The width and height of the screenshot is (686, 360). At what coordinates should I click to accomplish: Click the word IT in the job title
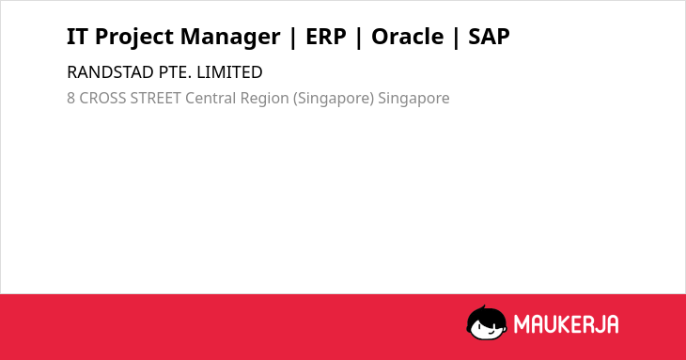[77, 37]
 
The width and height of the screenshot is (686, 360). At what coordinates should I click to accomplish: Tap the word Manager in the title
[230, 38]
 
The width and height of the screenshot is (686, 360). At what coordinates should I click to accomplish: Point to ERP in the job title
[326, 37]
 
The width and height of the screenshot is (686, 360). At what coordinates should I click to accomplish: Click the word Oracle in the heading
[407, 37]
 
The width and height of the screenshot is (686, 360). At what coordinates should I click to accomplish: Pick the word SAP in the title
[489, 37]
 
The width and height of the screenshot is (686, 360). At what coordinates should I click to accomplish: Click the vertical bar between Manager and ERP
[292, 38]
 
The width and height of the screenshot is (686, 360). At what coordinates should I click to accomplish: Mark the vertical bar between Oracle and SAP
[456, 38]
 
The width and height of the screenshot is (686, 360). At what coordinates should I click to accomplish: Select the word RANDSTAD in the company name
[111, 72]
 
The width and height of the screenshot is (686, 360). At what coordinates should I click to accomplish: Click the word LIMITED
[229, 72]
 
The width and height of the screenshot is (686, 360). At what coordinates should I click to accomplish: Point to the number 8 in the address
[70, 98]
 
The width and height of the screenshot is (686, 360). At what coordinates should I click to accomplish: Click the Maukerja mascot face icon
[487, 322]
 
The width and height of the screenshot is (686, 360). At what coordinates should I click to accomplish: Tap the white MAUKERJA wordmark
[566, 324]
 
